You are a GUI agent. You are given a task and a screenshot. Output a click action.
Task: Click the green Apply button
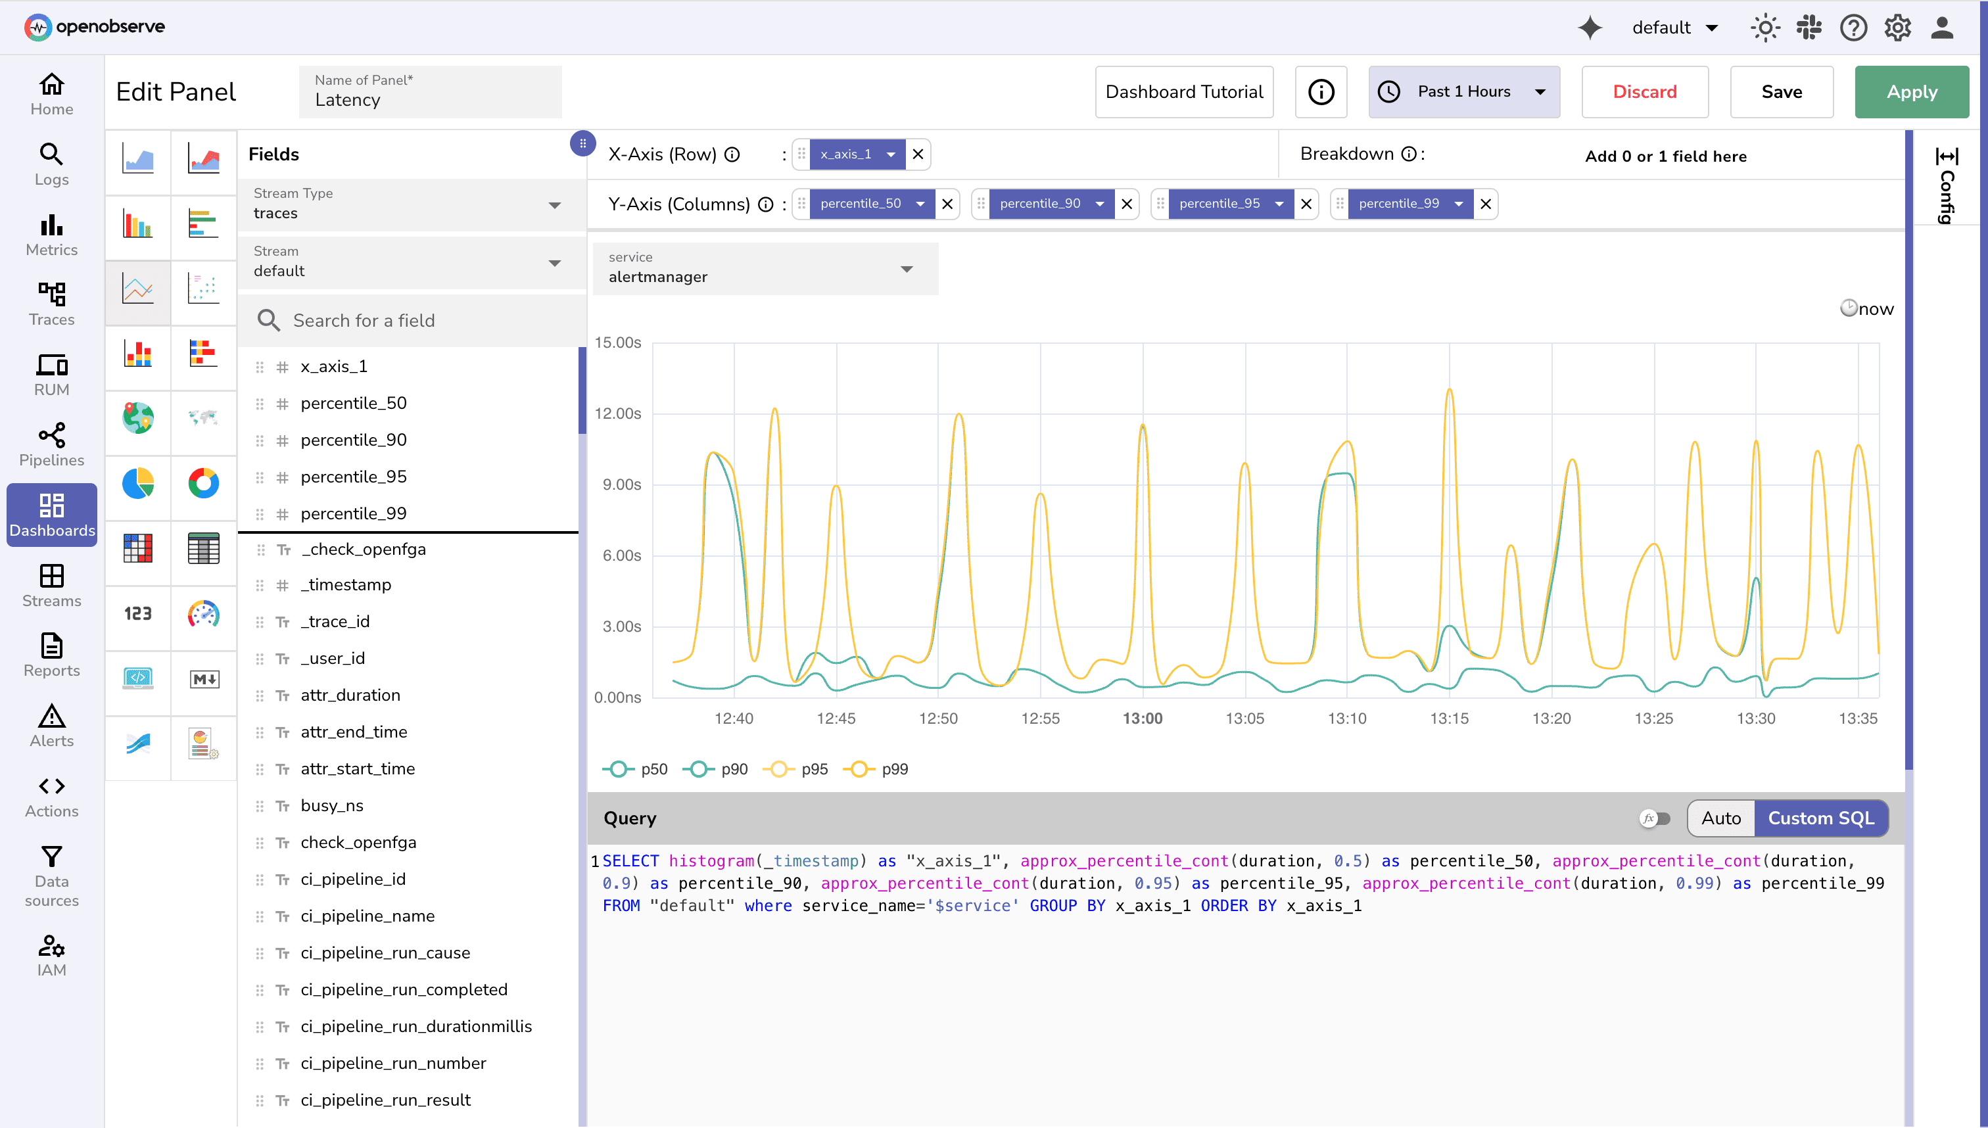pyautogui.click(x=1910, y=91)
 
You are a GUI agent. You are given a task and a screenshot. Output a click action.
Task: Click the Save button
pyautogui.click(x=1780, y=91)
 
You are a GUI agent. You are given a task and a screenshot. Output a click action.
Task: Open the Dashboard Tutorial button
pyautogui.click(x=1183, y=91)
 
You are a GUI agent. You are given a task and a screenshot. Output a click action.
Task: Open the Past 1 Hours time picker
pyautogui.click(x=1463, y=91)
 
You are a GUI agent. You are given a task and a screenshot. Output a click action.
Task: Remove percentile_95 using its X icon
pyautogui.click(x=1306, y=204)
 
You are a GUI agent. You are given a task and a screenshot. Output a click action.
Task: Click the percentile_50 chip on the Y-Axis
pyautogui.click(x=860, y=204)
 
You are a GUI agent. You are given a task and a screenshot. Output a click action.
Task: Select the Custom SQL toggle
pyautogui.click(x=1820, y=818)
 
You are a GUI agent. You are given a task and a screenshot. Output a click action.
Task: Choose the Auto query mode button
pyautogui.click(x=1720, y=818)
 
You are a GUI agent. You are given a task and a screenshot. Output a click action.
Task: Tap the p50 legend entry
pyautogui.click(x=638, y=769)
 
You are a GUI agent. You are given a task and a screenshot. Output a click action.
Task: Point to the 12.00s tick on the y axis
pyautogui.click(x=617, y=413)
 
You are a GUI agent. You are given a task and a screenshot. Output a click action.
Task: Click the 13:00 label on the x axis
pyautogui.click(x=1142, y=718)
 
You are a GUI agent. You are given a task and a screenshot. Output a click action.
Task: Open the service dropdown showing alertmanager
pyautogui.click(x=765, y=269)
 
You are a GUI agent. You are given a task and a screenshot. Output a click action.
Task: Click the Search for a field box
pyautogui.click(x=418, y=321)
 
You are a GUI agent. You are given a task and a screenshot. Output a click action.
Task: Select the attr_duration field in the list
pyautogui.click(x=350, y=695)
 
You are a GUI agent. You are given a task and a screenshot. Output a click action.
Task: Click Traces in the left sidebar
pyautogui.click(x=51, y=304)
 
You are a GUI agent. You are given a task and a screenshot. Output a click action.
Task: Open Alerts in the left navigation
pyautogui.click(x=51, y=725)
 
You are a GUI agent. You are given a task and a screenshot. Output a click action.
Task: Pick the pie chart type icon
pyautogui.click(x=138, y=483)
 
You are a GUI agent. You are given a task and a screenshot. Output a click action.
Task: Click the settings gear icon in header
pyautogui.click(x=1897, y=28)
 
